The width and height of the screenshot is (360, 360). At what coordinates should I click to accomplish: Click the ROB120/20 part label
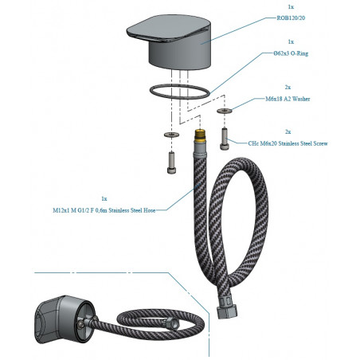point(291,18)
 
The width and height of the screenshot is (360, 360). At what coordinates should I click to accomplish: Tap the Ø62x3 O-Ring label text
point(291,53)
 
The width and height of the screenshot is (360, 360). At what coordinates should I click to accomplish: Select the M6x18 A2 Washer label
point(288,99)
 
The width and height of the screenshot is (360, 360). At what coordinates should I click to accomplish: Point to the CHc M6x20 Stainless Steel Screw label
point(288,143)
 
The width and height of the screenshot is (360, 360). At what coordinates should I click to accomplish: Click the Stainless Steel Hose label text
point(104,210)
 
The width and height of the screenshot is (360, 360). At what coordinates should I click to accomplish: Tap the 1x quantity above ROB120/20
point(291,7)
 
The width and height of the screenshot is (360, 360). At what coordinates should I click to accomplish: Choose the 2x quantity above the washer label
point(288,88)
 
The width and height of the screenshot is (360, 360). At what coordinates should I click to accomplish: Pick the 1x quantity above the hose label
point(104,199)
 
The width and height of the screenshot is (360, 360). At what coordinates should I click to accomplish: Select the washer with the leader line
point(225,111)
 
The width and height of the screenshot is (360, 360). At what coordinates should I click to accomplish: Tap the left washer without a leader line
point(171,135)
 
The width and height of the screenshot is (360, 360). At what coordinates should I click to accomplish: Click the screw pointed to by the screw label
point(224,139)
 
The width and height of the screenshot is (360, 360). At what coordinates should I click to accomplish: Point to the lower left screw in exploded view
point(172,162)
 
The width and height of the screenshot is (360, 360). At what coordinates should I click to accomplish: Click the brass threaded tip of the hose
point(200,135)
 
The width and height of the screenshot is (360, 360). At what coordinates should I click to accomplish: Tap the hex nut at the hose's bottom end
point(227,312)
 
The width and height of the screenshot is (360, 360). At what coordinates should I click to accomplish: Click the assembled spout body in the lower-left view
point(65,319)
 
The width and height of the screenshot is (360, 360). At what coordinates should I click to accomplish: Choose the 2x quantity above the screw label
point(288,132)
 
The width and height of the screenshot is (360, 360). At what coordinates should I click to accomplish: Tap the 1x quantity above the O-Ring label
point(291,42)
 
